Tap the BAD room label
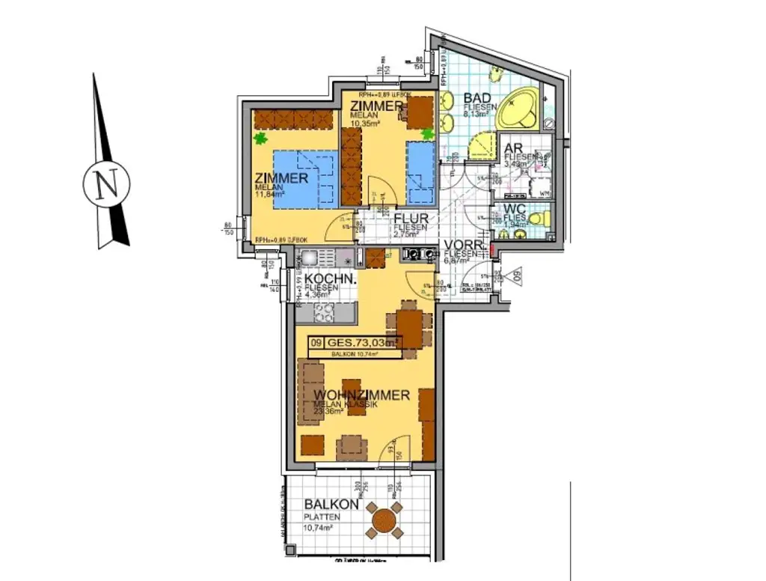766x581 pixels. (477, 98)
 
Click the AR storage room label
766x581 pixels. (513, 148)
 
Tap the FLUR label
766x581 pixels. (411, 219)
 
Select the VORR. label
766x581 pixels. (463, 245)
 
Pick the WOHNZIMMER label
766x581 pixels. (361, 395)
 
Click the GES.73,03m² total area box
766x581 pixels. (357, 343)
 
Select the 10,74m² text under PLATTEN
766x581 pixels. (317, 527)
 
